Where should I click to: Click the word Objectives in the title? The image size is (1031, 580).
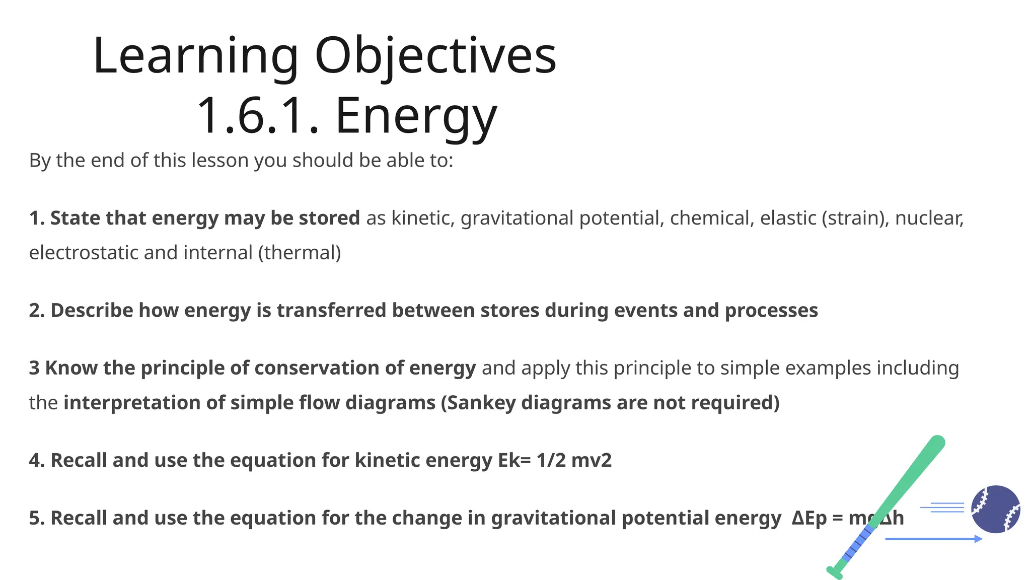[x=435, y=56]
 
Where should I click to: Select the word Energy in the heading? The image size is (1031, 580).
[x=416, y=117]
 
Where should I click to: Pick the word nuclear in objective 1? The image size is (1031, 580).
[x=929, y=218]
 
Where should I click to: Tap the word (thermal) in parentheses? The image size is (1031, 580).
[x=300, y=253]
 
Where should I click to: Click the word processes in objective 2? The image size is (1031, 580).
[x=771, y=311]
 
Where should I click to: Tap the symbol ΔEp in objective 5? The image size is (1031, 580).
[x=808, y=518]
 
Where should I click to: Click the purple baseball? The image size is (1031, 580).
[x=995, y=509]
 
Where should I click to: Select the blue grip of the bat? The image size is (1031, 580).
[x=858, y=544]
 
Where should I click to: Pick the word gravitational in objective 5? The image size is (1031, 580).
[x=553, y=518]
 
